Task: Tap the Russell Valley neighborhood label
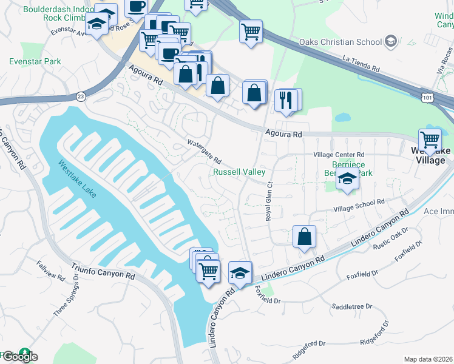pyautogui.click(x=239, y=172)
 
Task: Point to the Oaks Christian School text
pyautogui.click(x=340, y=42)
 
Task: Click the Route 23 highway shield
pyautogui.click(x=81, y=96)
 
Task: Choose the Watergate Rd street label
pyautogui.click(x=203, y=150)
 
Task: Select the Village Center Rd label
pyautogui.click(x=339, y=155)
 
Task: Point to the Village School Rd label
pyautogui.click(x=359, y=201)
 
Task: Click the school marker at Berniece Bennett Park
pyautogui.click(x=347, y=180)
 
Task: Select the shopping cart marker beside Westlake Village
pyautogui.click(x=430, y=140)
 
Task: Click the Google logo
pyautogui.click(x=19, y=357)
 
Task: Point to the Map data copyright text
pyautogui.click(x=428, y=359)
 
